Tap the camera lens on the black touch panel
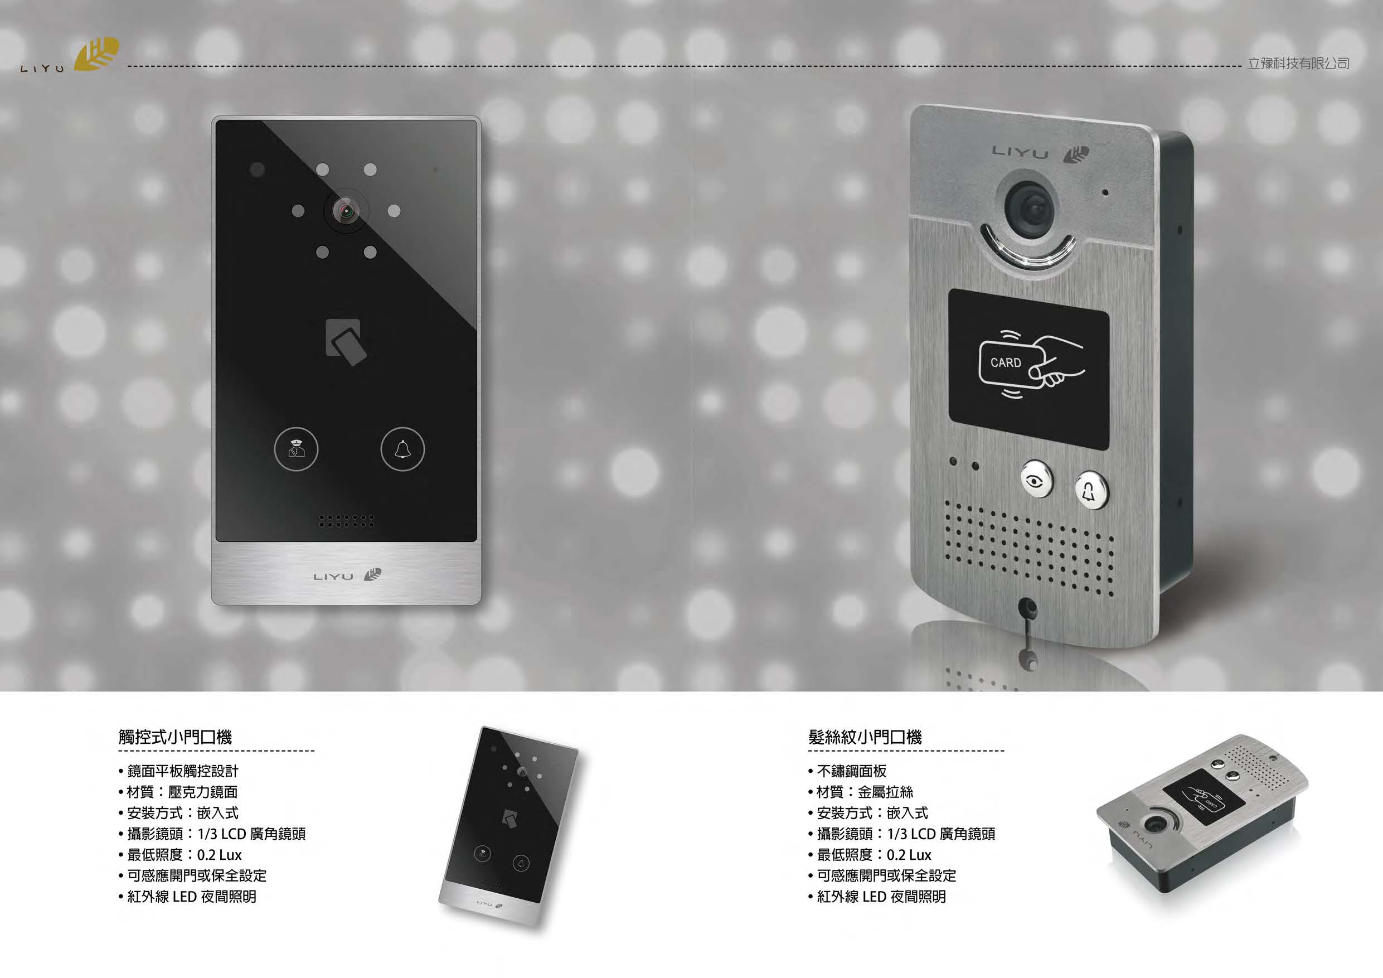(346, 211)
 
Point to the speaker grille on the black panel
(346, 521)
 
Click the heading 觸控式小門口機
(175, 737)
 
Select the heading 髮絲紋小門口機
(865, 737)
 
